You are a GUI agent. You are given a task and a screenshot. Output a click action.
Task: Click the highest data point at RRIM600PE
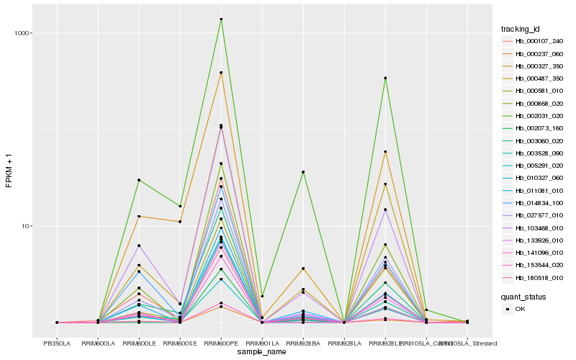tap(221, 19)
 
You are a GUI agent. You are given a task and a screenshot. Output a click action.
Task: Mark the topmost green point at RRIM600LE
tap(139, 180)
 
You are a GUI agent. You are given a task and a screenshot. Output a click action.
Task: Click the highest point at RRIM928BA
tap(303, 172)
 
